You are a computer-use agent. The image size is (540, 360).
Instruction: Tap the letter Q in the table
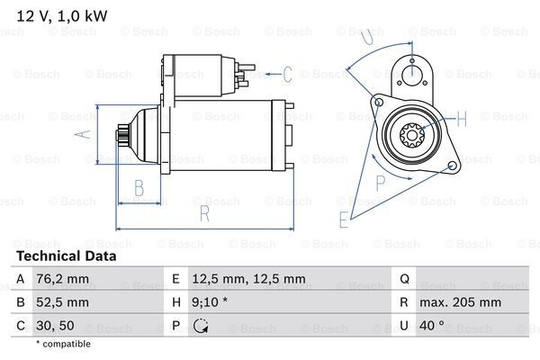coord(405,279)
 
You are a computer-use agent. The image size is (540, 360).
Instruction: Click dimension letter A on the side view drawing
coord(79,135)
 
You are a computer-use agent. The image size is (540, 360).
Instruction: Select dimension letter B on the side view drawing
coord(140,187)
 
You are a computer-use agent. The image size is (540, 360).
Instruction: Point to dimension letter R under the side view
coord(204,213)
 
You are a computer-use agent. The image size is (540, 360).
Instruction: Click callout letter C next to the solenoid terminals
coord(288,74)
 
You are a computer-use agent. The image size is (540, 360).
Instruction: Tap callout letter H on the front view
coord(462,119)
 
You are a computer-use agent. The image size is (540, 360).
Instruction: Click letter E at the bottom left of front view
coord(343,219)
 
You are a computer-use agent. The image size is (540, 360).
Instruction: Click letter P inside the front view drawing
coord(380,181)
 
